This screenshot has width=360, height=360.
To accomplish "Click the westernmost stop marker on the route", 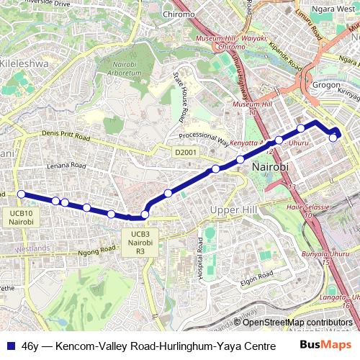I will [21, 194].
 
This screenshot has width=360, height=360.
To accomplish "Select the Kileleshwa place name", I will [24, 63].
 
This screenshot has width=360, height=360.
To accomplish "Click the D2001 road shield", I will [185, 153].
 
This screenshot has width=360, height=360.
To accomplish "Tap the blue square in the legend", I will [9, 345].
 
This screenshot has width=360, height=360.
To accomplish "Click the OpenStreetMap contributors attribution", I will [297, 322].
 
